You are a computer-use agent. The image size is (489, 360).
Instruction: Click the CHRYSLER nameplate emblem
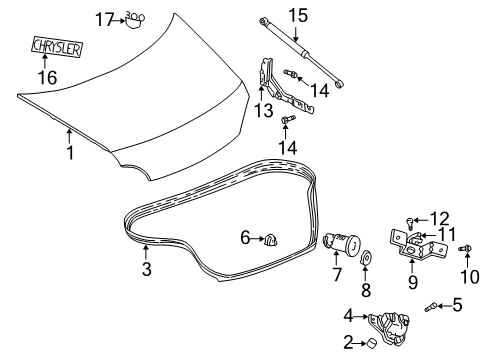pyautogui.click(x=57, y=46)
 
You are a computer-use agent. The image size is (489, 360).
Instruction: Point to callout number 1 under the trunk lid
pyautogui.click(x=69, y=155)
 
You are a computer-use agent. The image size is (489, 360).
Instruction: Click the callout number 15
pyautogui.click(x=296, y=15)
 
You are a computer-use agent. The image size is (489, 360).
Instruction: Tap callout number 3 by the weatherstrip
pyautogui.click(x=145, y=271)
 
